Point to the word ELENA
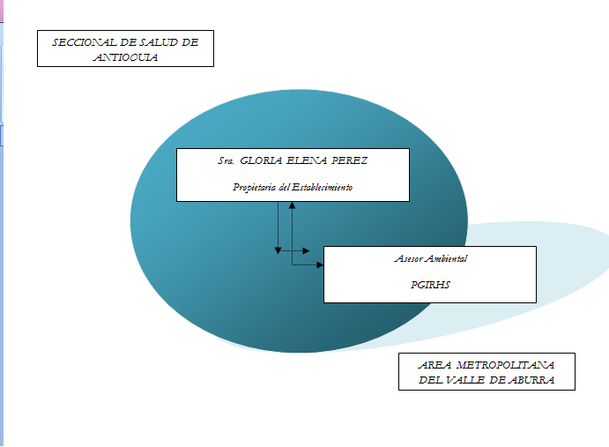[x=310, y=162]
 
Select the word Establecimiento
[x=322, y=187]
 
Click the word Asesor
[x=408, y=259]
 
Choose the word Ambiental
[x=447, y=259]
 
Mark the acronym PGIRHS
[x=430, y=285]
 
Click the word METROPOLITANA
[x=507, y=366]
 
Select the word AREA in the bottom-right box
[x=438, y=366]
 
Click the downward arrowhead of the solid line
[x=278, y=250]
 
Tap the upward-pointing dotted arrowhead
[x=292, y=205]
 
